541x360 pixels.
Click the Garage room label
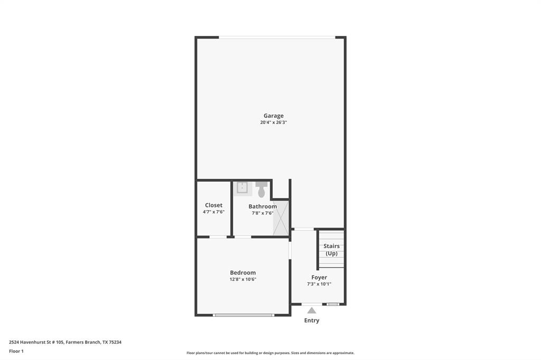[274, 116]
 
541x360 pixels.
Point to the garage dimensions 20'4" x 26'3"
[274, 122]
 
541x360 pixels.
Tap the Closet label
[213, 205]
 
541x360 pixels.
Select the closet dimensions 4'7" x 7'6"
[213, 212]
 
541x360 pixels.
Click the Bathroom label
[263, 206]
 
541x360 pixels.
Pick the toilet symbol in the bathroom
[262, 188]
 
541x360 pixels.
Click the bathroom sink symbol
[242, 187]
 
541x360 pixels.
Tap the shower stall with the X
[281, 217]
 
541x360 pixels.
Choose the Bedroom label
[242, 272]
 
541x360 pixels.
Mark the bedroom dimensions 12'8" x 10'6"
[242, 279]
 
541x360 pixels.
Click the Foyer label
[319, 277]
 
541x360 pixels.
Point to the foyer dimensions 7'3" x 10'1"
[319, 284]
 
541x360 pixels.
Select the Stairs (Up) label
[331, 250]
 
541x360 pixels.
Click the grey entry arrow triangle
[312, 310]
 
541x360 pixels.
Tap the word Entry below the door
[312, 320]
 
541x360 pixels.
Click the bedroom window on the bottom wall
[244, 315]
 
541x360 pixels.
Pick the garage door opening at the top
[277, 37]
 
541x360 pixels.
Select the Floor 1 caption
[16, 351]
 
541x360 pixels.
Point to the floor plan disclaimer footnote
[270, 353]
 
